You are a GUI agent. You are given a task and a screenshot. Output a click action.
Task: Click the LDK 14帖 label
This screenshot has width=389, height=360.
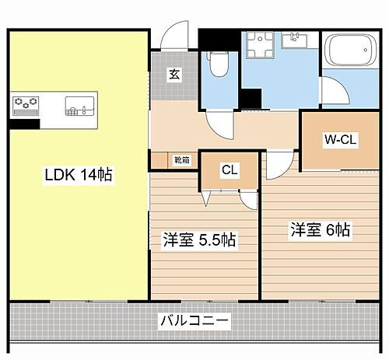tap(78, 176)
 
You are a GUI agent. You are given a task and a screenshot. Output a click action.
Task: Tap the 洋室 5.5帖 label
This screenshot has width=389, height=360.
tap(199, 239)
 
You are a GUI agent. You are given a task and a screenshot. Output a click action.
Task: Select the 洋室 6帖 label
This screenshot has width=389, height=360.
tap(321, 230)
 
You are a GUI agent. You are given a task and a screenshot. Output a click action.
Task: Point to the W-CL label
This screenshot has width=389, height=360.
tap(340, 141)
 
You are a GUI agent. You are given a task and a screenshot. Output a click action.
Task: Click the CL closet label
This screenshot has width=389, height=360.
tap(230, 170)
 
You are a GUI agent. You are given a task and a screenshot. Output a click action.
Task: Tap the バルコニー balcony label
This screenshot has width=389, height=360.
tap(194, 320)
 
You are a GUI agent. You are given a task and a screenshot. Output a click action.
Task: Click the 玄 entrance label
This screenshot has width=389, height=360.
tap(174, 75)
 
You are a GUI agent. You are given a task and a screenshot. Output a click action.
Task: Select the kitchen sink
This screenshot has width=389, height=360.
tap(79, 104)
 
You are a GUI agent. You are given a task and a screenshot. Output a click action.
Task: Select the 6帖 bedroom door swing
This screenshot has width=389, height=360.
tap(278, 166)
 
